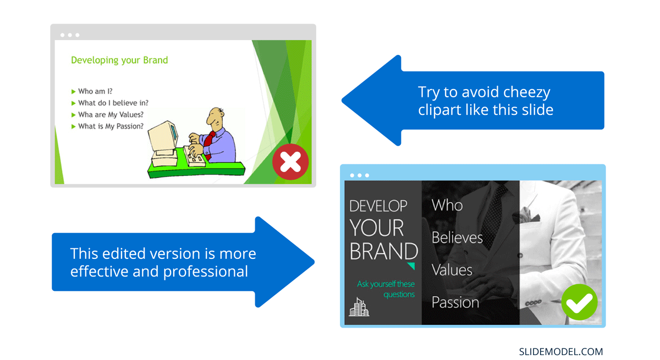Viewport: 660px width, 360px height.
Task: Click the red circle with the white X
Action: (x=290, y=162)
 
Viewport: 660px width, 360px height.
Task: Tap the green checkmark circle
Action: (x=579, y=302)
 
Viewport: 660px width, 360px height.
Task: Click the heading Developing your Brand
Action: (x=119, y=60)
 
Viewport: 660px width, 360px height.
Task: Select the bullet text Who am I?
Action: (x=95, y=91)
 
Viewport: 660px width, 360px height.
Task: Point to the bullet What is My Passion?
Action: (x=111, y=126)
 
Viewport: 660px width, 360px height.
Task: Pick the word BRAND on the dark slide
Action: (x=383, y=252)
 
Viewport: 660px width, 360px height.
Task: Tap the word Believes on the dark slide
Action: (x=457, y=237)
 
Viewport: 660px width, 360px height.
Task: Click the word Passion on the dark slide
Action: (x=455, y=302)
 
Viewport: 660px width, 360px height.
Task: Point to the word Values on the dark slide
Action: (x=452, y=270)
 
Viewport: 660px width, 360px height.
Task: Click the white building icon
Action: (x=359, y=307)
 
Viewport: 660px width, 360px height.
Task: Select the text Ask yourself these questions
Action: (x=386, y=289)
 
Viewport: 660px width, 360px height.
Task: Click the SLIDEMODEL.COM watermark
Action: (x=561, y=352)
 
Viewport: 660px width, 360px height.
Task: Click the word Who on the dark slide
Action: (x=447, y=206)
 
